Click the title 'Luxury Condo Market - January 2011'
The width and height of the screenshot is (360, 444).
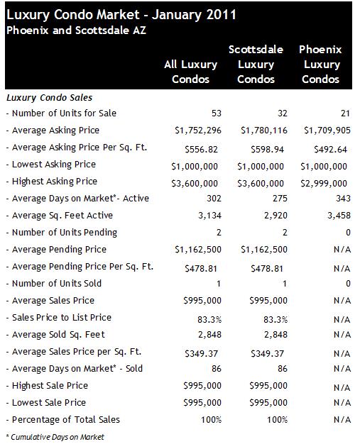tap(121, 15)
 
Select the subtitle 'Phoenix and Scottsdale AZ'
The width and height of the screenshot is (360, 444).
tap(76, 30)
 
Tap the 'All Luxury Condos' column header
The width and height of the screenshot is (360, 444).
tap(190, 72)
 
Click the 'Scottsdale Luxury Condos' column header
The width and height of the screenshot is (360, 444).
tap(256, 65)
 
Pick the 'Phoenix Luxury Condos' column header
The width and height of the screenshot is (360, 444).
tap(321, 65)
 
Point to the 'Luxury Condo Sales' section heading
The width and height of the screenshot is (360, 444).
tap(49, 98)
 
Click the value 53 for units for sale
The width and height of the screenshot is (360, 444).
tap(217, 113)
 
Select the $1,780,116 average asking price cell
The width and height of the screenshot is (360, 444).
tap(264, 131)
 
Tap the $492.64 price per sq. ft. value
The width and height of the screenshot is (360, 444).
tap(330, 149)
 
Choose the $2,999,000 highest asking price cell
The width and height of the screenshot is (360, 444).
tap(324, 183)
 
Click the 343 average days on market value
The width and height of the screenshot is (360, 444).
tap(343, 198)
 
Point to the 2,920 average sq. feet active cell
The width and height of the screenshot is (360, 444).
tap(276, 216)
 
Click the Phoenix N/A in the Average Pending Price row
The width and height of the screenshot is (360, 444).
tap(342, 250)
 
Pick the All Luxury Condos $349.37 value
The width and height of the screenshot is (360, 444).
tap(201, 353)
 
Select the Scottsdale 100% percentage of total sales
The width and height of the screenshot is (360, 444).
tap(277, 420)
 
